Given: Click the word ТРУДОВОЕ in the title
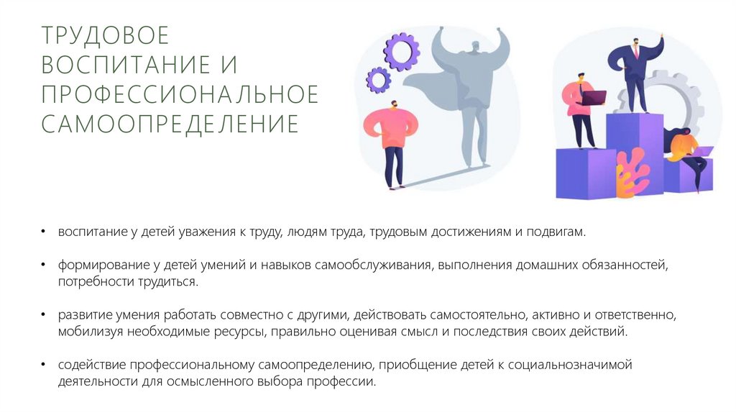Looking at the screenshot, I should click(105, 35).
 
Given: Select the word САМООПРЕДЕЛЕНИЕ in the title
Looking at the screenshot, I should click(170, 123).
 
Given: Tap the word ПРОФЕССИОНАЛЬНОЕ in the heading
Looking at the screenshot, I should click(180, 94).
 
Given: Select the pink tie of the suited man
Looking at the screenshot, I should click(635, 52).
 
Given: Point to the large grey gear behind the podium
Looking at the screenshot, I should click(679, 101).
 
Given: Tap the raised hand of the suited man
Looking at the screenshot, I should click(660, 36).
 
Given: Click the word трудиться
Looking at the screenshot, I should click(172, 281).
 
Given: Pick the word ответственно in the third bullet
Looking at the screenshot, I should click(639, 315).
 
